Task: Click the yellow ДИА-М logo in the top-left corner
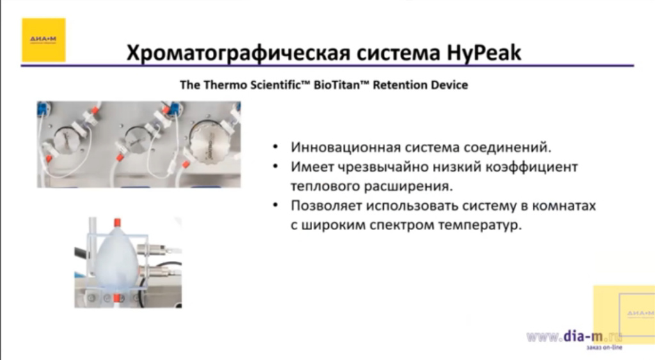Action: pyautogui.click(x=43, y=40)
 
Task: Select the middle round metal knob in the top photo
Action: pyautogui.click(x=139, y=137)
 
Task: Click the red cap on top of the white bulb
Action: pyautogui.click(x=117, y=223)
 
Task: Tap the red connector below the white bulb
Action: pyautogui.click(x=117, y=299)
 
